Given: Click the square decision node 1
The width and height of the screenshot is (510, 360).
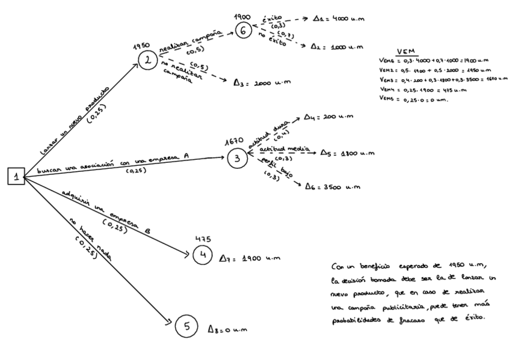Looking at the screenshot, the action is click(16, 177).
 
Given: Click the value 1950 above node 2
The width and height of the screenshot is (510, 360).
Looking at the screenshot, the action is click(141, 46).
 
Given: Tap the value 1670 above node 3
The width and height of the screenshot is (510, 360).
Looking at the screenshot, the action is click(233, 142).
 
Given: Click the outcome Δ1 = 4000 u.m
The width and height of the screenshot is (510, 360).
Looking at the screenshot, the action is click(340, 19).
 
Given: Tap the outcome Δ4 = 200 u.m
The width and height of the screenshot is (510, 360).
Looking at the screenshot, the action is click(328, 116).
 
